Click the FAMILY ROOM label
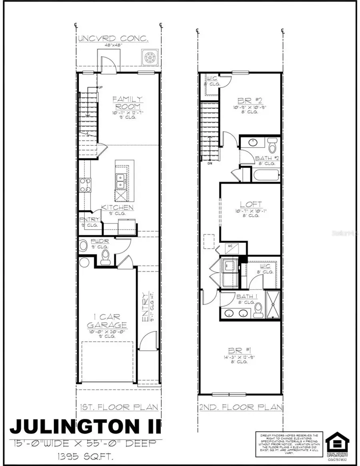click(x=128, y=103)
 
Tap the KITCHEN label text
click(x=117, y=207)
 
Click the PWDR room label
click(x=97, y=241)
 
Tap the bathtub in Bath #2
click(x=265, y=174)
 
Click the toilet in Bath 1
click(x=258, y=309)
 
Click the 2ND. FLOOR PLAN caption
click(x=241, y=407)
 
